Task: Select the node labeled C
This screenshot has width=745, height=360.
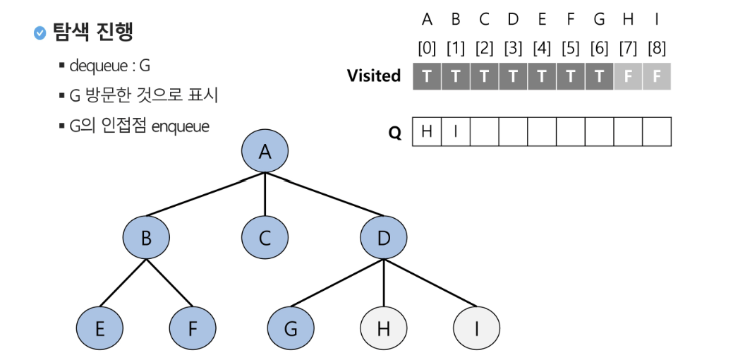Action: point(265,238)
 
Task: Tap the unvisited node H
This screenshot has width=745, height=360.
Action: point(384,328)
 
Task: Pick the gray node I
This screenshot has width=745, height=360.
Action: point(476,328)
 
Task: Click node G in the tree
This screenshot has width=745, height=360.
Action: point(291,328)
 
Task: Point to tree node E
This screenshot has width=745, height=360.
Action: point(99,328)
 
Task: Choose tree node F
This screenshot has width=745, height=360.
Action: point(193,328)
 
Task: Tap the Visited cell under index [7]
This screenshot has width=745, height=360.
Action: point(628,76)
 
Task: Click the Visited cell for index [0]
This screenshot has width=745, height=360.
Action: point(427,76)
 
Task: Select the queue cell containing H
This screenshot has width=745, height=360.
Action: point(427,132)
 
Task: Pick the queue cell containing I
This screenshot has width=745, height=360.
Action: point(455,132)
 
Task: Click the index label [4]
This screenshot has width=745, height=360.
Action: point(542,49)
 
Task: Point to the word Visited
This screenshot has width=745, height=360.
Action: point(374,76)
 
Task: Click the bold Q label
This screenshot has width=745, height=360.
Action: point(395,133)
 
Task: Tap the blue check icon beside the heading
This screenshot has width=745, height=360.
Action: point(40,32)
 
